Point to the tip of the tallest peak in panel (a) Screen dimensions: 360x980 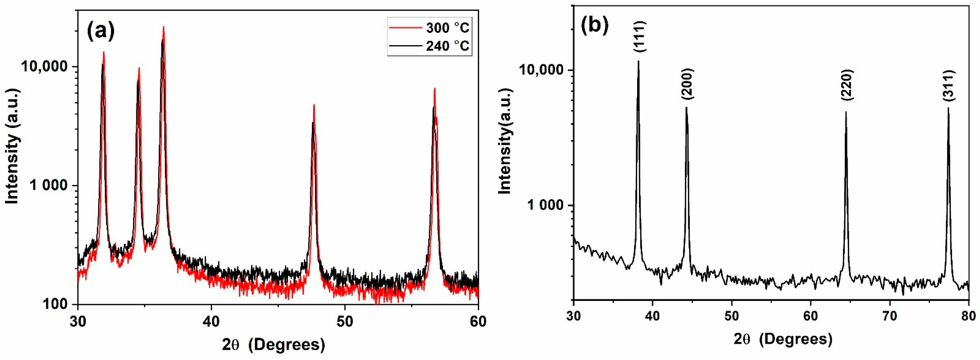(x=163, y=27)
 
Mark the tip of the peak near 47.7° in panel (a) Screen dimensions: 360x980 (x=314, y=104)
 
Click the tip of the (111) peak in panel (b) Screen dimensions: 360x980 (x=638, y=61)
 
